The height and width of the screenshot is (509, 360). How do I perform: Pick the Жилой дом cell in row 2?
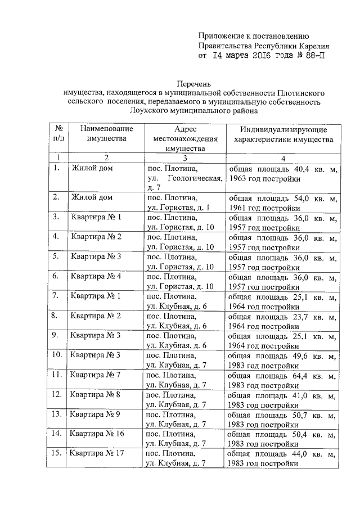[92, 197]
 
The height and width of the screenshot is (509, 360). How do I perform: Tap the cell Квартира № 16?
[97, 434]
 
